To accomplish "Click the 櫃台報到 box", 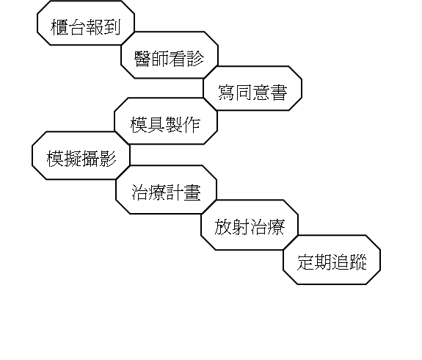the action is pyautogui.click(x=86, y=23).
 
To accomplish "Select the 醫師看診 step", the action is pyautogui.click(x=170, y=55).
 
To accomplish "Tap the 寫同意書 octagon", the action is pyautogui.click(x=252, y=88).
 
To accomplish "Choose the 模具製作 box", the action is pyautogui.click(x=166, y=121).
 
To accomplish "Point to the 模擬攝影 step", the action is pyautogui.click(x=81, y=156).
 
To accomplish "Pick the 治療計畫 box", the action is pyautogui.click(x=166, y=190).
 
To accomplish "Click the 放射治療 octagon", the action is pyautogui.click(x=250, y=225).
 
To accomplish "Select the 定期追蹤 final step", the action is pyautogui.click(x=332, y=260).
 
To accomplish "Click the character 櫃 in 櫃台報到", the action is pyautogui.click(x=59, y=27).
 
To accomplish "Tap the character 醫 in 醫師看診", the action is pyautogui.click(x=142, y=59).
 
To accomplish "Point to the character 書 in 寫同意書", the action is pyautogui.click(x=279, y=93).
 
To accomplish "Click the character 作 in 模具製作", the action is pyautogui.click(x=192, y=125).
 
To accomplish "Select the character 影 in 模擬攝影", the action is pyautogui.click(x=107, y=159).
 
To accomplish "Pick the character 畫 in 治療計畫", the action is pyautogui.click(x=192, y=192).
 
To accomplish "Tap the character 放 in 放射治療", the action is pyautogui.click(x=223, y=227).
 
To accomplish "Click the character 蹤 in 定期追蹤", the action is pyautogui.click(x=358, y=262).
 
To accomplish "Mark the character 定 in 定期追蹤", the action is pyautogui.click(x=305, y=262).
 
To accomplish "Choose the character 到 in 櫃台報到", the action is pyautogui.click(x=112, y=27).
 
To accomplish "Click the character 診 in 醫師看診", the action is pyautogui.click(x=195, y=59).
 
